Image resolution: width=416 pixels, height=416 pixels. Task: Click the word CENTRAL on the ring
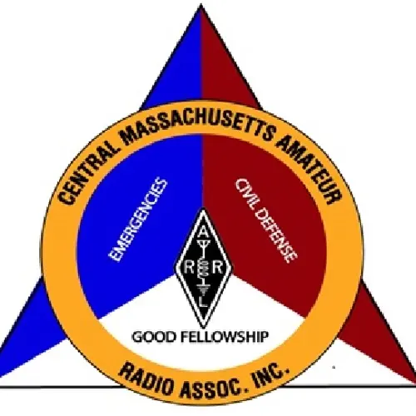[x=87, y=172]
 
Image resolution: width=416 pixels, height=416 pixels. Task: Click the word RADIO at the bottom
[x=147, y=379]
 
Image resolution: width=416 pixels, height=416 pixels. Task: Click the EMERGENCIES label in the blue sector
[x=138, y=220]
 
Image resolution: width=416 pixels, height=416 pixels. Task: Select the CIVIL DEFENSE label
[x=266, y=220]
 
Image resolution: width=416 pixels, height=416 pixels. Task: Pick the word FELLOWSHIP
[x=225, y=337]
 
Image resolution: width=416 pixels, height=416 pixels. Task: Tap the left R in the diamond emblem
[x=189, y=268]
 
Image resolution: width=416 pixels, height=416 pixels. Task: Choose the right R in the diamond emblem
[x=218, y=268]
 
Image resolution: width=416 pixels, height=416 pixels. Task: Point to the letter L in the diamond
[x=204, y=302]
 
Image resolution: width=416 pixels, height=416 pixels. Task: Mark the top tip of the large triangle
[x=201, y=5]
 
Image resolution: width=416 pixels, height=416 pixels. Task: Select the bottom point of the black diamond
[x=204, y=327]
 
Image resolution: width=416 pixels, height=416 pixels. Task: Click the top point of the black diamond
[x=204, y=209]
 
